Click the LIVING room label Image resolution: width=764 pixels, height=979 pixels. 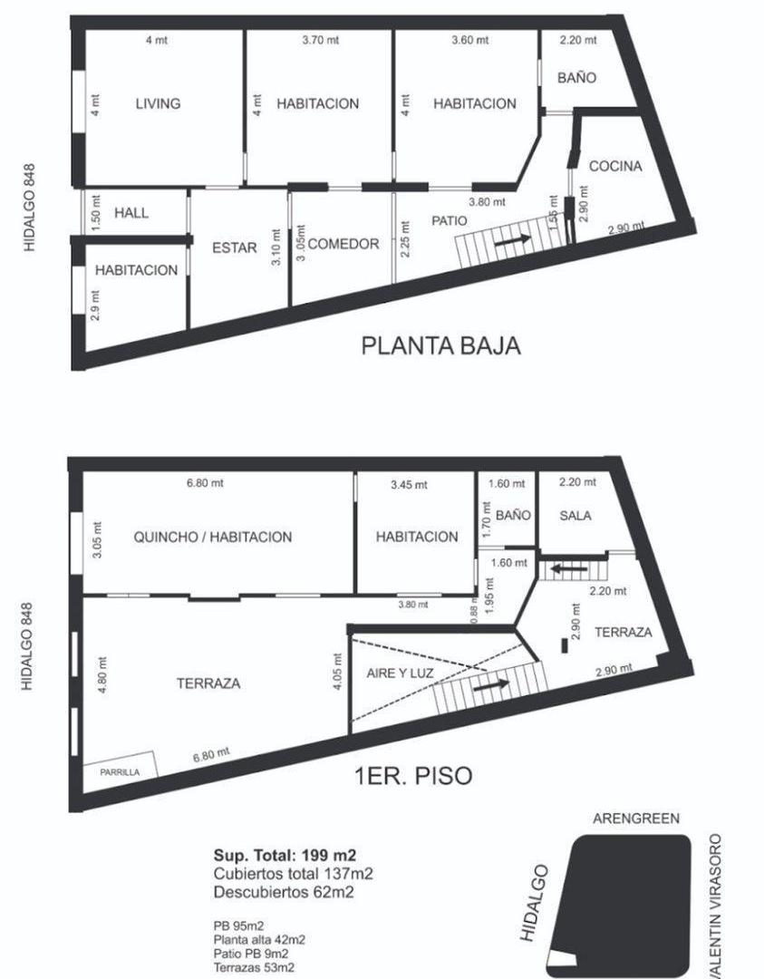(x=158, y=103)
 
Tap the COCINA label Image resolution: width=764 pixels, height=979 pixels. (x=615, y=166)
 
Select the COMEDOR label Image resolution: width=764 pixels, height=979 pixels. (x=343, y=244)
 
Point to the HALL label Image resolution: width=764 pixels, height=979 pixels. (x=131, y=213)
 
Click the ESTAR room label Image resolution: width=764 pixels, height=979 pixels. (x=235, y=247)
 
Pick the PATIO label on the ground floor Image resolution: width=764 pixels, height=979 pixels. (x=450, y=220)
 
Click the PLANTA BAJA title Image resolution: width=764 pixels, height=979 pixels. (x=441, y=345)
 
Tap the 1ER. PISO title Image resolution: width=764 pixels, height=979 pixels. (x=412, y=776)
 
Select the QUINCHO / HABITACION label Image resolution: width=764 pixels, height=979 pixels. (x=213, y=537)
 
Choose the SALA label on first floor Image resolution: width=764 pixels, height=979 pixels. (x=575, y=516)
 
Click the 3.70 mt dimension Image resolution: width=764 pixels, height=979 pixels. (x=318, y=40)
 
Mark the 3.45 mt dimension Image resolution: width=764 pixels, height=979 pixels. (x=407, y=485)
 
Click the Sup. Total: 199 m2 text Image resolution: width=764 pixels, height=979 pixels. (x=285, y=855)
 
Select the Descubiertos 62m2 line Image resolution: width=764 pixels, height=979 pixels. (x=284, y=893)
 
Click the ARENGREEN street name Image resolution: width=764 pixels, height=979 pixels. (x=635, y=819)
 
